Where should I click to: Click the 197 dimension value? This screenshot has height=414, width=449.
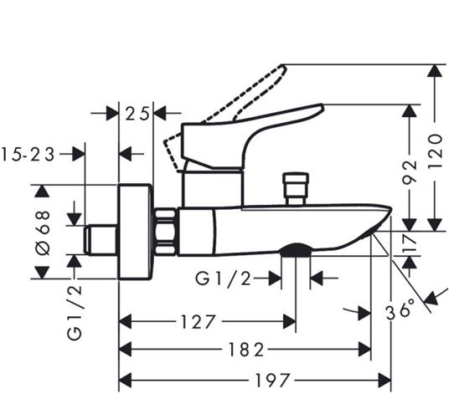271,381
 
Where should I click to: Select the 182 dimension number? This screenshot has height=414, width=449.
245,350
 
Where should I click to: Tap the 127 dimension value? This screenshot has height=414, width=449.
198,322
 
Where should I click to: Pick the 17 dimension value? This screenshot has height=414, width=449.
410,243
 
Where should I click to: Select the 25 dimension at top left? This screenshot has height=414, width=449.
137,113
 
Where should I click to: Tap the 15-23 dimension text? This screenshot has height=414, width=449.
28,155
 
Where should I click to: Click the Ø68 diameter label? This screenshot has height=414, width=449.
44,233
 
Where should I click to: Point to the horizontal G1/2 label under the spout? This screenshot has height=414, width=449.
223,279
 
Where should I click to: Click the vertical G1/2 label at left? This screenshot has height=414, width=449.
75,313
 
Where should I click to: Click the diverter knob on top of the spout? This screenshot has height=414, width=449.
296,188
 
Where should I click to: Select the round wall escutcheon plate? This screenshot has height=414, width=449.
135,232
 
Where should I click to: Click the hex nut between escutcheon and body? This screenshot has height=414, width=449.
165,232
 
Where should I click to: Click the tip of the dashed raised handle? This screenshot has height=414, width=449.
283,66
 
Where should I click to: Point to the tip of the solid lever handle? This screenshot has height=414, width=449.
323,107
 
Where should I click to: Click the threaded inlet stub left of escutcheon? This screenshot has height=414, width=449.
101,239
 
